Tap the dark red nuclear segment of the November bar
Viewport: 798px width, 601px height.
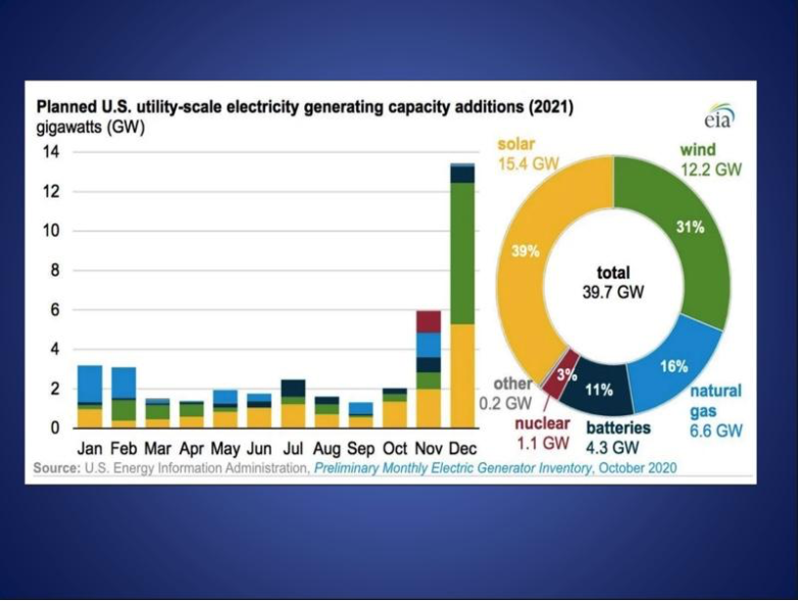click(427, 321)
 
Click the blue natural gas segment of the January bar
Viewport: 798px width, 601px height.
click(90, 383)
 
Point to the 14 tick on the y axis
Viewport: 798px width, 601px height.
click(50, 153)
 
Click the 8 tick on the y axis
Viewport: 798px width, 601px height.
click(55, 271)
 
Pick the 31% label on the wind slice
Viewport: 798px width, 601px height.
click(690, 227)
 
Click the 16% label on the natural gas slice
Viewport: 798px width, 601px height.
click(674, 366)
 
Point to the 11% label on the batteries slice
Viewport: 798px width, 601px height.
click(598, 390)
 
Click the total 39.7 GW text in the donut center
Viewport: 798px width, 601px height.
click(613, 282)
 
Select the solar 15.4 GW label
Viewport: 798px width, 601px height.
click(528, 154)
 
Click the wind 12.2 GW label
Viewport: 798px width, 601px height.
click(710, 160)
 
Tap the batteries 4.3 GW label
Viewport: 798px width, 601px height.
click(618, 438)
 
